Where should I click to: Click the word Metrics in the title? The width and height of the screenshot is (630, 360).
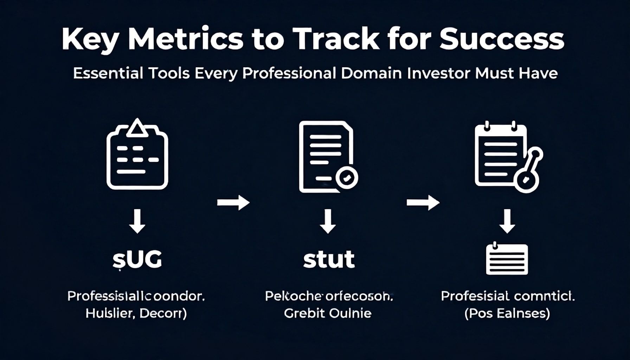[x=185, y=39]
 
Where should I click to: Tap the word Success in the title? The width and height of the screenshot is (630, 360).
[x=502, y=39]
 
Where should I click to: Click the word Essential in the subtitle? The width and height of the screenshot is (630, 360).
[x=108, y=73]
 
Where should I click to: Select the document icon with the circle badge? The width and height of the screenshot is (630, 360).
[x=327, y=157]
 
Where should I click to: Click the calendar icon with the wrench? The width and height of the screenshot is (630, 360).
[x=507, y=157]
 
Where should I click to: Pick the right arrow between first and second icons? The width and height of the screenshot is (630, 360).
[x=233, y=202]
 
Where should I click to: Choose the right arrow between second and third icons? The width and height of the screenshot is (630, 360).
[x=423, y=202]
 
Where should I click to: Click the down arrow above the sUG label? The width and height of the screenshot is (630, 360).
[x=137, y=221]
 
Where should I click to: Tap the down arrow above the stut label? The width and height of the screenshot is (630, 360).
[x=328, y=221]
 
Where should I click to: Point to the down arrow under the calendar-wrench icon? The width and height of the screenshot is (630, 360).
[x=507, y=221]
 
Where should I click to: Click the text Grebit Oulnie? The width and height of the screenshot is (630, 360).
[x=327, y=313]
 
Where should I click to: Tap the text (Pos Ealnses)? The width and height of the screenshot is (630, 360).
[x=507, y=313]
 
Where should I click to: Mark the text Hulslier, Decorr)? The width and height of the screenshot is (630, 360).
[x=136, y=313]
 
